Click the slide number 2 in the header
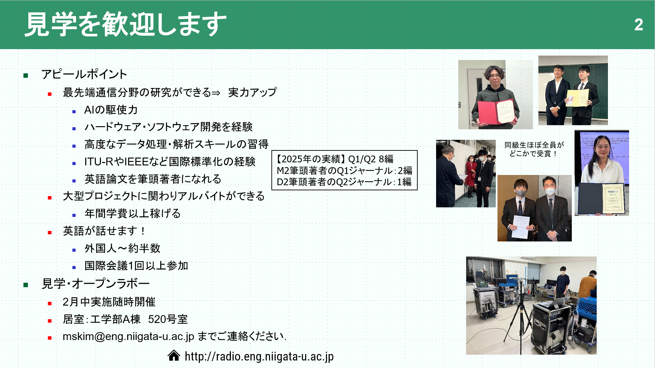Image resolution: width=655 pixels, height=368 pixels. (x=639, y=25)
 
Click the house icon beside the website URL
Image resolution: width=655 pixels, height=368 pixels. (x=174, y=355)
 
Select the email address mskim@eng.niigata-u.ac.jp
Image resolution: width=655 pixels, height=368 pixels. (x=129, y=337)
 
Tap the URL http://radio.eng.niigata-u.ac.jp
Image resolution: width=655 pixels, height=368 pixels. (x=259, y=356)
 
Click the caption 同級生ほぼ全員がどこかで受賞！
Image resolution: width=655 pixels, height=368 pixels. (x=534, y=149)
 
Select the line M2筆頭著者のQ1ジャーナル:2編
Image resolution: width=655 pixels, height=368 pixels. (x=344, y=171)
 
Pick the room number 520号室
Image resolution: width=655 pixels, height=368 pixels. (x=168, y=319)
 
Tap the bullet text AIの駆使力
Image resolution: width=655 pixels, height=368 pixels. (x=111, y=110)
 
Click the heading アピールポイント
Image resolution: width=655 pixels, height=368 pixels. (x=84, y=74)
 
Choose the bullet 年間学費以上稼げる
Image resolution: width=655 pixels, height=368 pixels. (x=133, y=214)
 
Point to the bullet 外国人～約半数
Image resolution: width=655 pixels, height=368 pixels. (x=122, y=248)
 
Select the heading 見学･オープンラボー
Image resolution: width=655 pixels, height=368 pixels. (x=95, y=284)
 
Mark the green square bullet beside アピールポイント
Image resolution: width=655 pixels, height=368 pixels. (x=26, y=75)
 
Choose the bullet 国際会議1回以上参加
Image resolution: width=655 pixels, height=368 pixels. (x=136, y=266)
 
